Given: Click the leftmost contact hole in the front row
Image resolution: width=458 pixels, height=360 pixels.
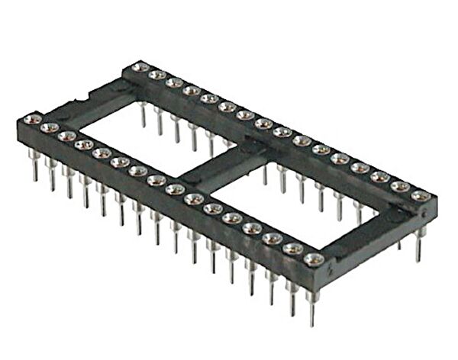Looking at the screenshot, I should click(31, 119).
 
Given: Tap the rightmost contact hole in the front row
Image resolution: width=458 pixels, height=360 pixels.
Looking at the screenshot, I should click(311, 259).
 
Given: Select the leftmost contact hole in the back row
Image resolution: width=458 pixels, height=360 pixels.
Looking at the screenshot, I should click(138, 68).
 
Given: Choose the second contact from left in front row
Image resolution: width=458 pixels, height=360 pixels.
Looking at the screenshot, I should click(49, 127).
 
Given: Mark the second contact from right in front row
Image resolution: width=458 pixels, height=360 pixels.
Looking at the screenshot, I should click(292, 249).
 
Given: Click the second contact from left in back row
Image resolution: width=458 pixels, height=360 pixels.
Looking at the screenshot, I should click(156, 75).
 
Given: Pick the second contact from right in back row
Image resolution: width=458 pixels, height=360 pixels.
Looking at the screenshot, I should click(398, 187).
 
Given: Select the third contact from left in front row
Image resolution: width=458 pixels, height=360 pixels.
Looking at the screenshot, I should click(66, 136).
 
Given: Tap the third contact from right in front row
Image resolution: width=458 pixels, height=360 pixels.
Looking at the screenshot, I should click(272, 239).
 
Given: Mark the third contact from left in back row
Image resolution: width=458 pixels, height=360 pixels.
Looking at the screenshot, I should click(174, 82).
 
